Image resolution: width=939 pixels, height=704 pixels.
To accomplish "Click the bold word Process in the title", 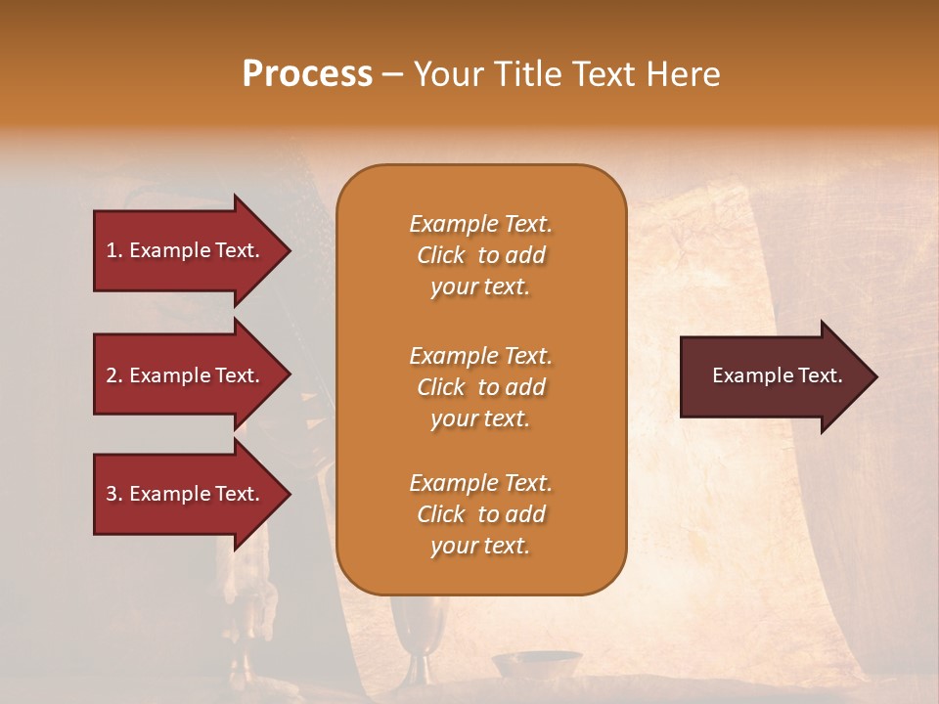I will click(307, 74).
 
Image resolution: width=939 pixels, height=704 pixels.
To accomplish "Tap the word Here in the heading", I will click(683, 74).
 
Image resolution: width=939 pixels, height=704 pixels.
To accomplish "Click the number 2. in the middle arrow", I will click(114, 375).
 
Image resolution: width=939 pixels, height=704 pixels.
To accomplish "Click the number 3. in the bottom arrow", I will click(114, 494).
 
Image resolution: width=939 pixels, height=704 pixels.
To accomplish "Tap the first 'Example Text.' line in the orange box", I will click(480, 224).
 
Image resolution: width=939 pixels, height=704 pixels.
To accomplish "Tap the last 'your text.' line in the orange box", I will click(480, 546).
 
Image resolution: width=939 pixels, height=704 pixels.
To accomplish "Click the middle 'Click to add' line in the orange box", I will click(480, 387).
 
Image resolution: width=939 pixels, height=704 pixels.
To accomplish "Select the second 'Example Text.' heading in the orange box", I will click(480, 356).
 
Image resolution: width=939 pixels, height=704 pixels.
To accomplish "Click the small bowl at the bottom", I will click(535, 665).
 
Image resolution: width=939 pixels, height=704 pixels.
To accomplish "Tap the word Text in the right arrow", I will click(820, 375).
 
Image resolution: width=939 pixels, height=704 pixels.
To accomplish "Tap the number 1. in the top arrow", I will click(113, 250).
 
